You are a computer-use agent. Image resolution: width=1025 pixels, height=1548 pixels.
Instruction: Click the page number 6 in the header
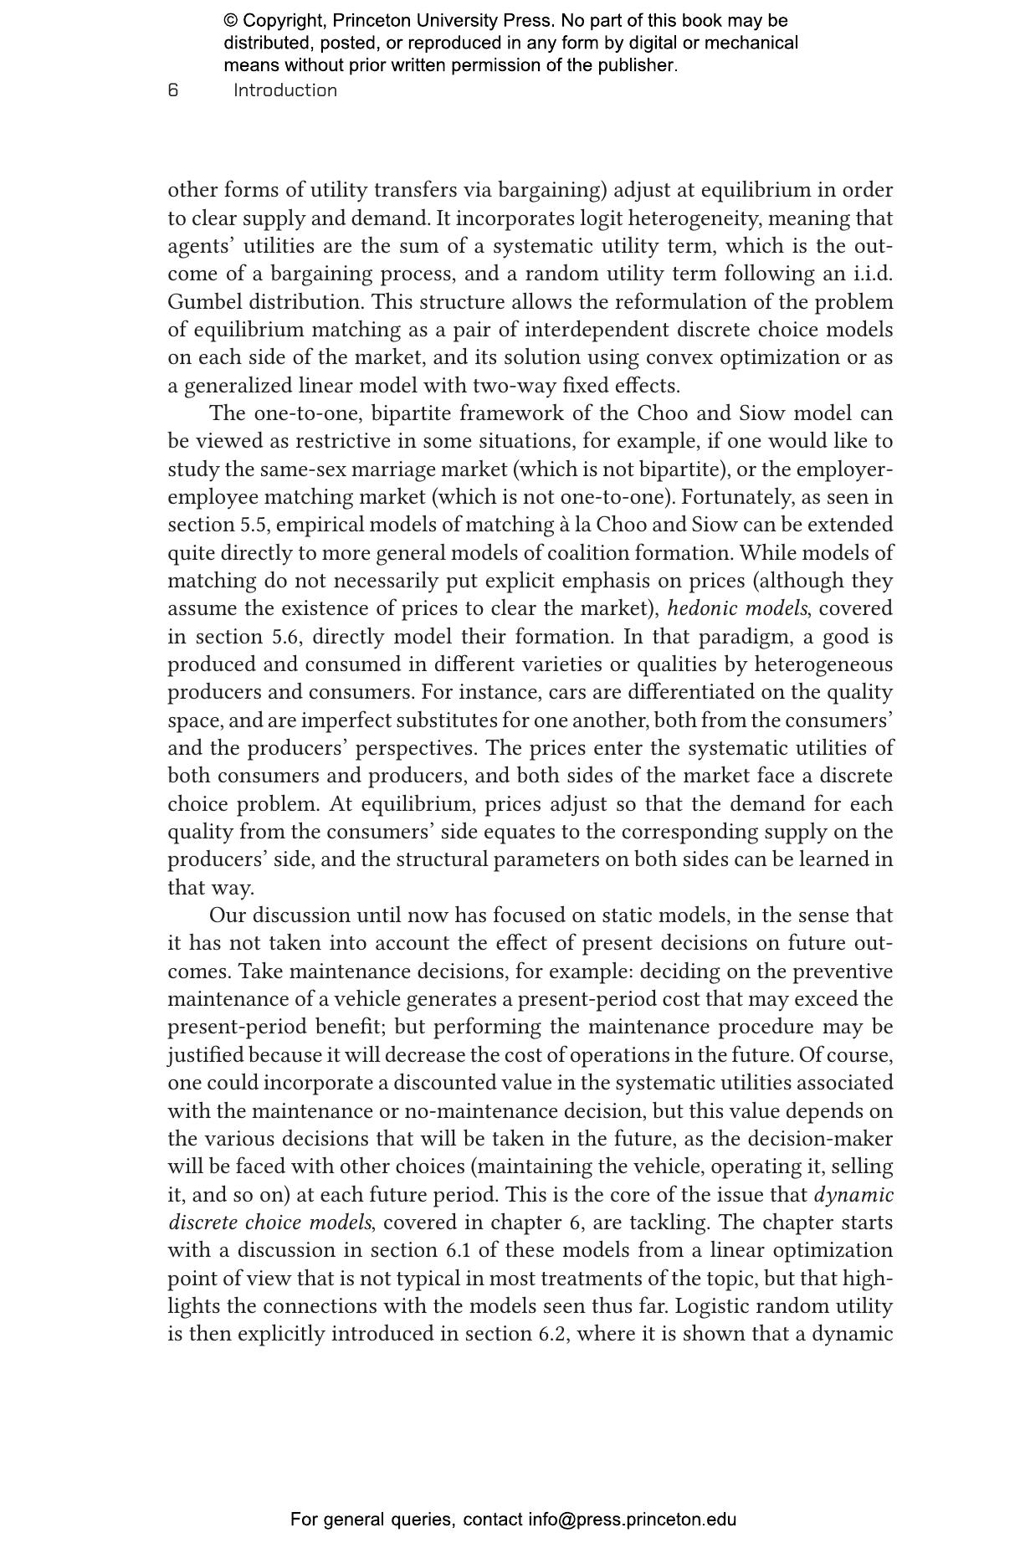coord(173,90)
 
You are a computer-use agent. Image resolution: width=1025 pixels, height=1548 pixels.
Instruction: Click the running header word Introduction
coord(285,90)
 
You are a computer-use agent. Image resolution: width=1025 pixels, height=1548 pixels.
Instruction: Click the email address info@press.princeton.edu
coord(632,1520)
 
